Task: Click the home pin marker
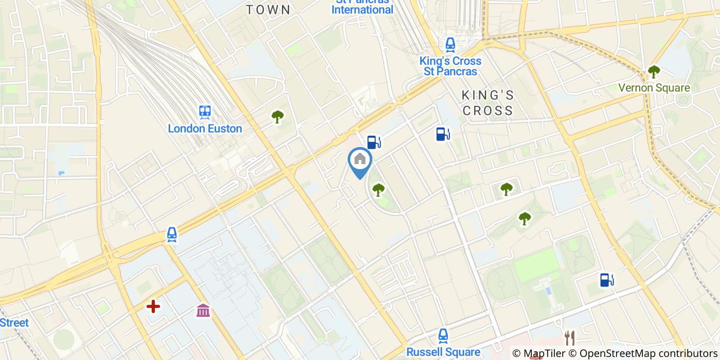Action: coord(360,161)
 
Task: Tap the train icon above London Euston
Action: coord(205,112)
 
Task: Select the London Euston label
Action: coord(205,129)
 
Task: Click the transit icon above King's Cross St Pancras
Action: coord(451,45)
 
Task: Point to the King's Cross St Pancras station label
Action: coord(451,66)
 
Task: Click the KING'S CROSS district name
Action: coord(488,103)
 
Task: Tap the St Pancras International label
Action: coord(363,7)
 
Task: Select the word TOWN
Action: coord(268,10)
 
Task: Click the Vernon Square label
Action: coord(654,88)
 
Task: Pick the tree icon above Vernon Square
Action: coord(654,71)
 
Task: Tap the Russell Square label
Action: coord(443,352)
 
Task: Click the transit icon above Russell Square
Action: coord(443,336)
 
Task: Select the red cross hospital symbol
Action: coord(153,307)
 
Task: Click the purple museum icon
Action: coord(203,310)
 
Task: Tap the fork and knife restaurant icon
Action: coord(569,338)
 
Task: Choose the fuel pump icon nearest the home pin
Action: coord(374,141)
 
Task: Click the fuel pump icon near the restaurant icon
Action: coord(607,280)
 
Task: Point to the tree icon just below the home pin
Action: coord(379,190)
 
